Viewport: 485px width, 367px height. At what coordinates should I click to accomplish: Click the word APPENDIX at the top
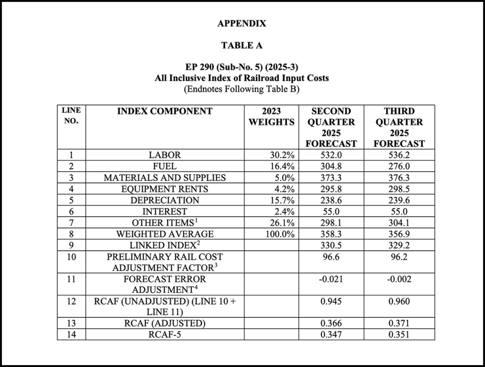pyautogui.click(x=242, y=24)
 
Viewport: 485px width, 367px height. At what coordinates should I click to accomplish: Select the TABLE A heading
pyautogui.click(x=242, y=45)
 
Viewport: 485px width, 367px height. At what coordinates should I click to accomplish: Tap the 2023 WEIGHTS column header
pyautogui.click(x=272, y=117)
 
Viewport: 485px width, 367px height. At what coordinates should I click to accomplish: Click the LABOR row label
pyautogui.click(x=165, y=155)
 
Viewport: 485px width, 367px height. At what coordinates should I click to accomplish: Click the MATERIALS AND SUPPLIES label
pyautogui.click(x=165, y=178)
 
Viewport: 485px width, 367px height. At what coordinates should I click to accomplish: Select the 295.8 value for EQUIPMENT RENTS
pyautogui.click(x=331, y=189)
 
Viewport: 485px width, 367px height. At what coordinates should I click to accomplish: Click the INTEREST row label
pyautogui.click(x=165, y=212)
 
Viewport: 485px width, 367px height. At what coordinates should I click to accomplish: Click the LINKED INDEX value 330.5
pyautogui.click(x=331, y=245)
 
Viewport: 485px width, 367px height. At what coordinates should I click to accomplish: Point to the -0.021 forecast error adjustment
pyautogui.click(x=331, y=279)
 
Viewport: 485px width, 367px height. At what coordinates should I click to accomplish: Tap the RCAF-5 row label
pyautogui.click(x=165, y=335)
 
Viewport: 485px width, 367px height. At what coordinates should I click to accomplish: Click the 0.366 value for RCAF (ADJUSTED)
pyautogui.click(x=331, y=324)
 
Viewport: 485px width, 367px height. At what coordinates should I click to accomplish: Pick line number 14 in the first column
pyautogui.click(x=71, y=335)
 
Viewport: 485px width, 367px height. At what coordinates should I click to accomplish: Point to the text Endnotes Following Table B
pyautogui.click(x=242, y=89)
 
